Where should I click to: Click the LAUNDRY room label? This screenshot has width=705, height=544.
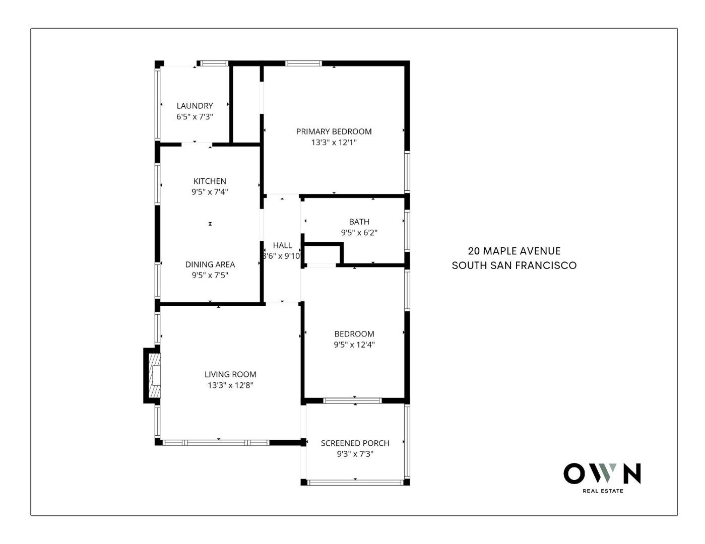pos(195,106)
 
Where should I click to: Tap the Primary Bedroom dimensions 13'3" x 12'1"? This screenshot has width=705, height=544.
pos(334,143)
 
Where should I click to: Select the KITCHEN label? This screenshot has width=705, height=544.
pos(210,181)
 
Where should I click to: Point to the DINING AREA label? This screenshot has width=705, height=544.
pos(210,264)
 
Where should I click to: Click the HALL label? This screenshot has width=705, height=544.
pos(282,245)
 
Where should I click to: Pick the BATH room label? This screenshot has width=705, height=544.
pos(359,222)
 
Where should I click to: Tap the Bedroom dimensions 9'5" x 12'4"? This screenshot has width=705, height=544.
pos(354,345)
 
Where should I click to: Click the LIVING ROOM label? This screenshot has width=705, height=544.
pos(230,374)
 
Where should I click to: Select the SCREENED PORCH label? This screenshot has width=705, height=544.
pos(355,443)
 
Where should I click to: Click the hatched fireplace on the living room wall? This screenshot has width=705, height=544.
pos(154,375)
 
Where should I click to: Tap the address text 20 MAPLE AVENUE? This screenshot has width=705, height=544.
pos(514,251)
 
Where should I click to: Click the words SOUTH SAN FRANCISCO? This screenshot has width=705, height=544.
pos(514,265)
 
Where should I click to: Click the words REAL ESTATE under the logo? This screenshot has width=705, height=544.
pos(603,491)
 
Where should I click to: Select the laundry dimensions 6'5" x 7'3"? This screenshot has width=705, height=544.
pos(195,117)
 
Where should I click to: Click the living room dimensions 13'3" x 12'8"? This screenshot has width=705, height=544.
pos(230,385)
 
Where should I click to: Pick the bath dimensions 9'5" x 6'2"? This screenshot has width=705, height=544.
pos(359,232)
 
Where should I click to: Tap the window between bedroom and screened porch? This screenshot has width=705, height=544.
pos(353,401)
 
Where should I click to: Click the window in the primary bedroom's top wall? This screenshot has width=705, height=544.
pos(303,63)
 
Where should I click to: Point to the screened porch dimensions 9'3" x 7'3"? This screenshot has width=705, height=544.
pos(355,454)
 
